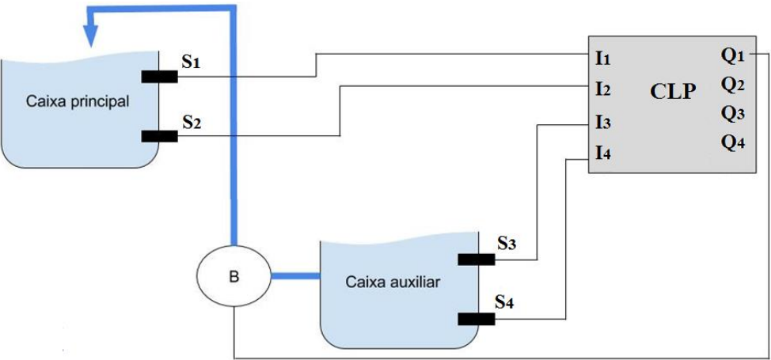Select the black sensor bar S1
pyautogui.click(x=159, y=76)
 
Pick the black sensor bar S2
pyautogui.click(x=159, y=135)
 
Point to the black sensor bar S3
pyautogui.click(x=476, y=259)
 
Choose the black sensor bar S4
pyautogui.click(x=476, y=319)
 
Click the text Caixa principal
pyautogui.click(x=78, y=101)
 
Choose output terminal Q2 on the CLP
pyautogui.click(x=732, y=84)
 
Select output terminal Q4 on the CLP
pyautogui.click(x=732, y=144)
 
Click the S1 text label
pyautogui.click(x=190, y=63)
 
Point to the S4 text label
pyautogui.click(x=506, y=302)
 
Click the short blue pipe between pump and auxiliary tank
pyautogui.click(x=294, y=276)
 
